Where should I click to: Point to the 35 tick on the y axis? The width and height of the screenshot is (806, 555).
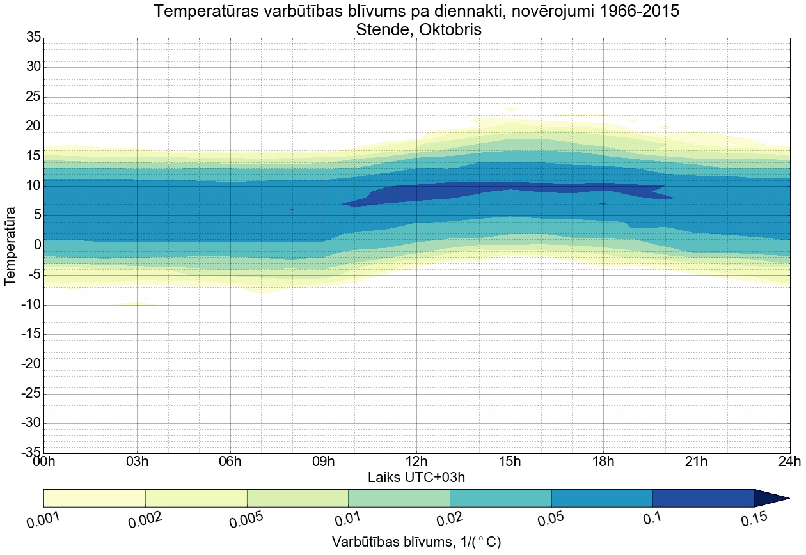[x=33, y=38]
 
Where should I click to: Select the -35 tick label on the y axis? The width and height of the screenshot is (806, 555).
[x=30, y=453]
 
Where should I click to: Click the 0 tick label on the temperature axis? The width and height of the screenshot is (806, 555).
[x=37, y=246]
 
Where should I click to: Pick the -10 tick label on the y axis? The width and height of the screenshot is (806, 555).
[x=30, y=305]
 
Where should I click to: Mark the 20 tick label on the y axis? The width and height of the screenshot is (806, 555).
[x=33, y=127]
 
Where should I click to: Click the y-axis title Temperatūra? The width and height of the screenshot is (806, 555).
[x=11, y=246]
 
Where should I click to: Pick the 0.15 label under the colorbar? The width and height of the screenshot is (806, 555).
[x=754, y=520]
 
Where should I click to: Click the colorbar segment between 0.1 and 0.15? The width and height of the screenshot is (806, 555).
[x=703, y=498]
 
